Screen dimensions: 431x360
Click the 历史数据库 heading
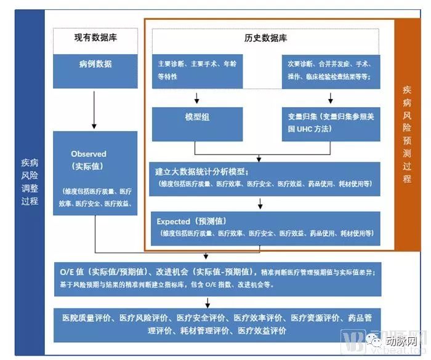pyautogui.click(x=265, y=38)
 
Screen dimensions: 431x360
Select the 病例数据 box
pyautogui.click(x=95, y=64)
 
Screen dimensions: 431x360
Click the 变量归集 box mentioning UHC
pyautogui.click(x=331, y=123)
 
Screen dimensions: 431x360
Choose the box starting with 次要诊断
pyautogui.click(x=331, y=71)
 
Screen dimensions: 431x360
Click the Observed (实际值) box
pyautogui.click(x=95, y=174)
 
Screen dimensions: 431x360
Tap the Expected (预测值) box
pyautogui.click(x=265, y=228)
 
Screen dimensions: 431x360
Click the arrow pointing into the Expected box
pyautogui.click(x=261, y=204)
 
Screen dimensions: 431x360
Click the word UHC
pyautogui.click(x=304, y=130)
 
